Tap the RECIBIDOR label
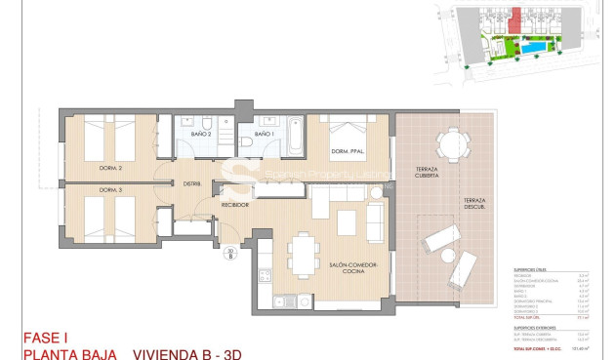point(234,205)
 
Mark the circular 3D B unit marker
point(229,255)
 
